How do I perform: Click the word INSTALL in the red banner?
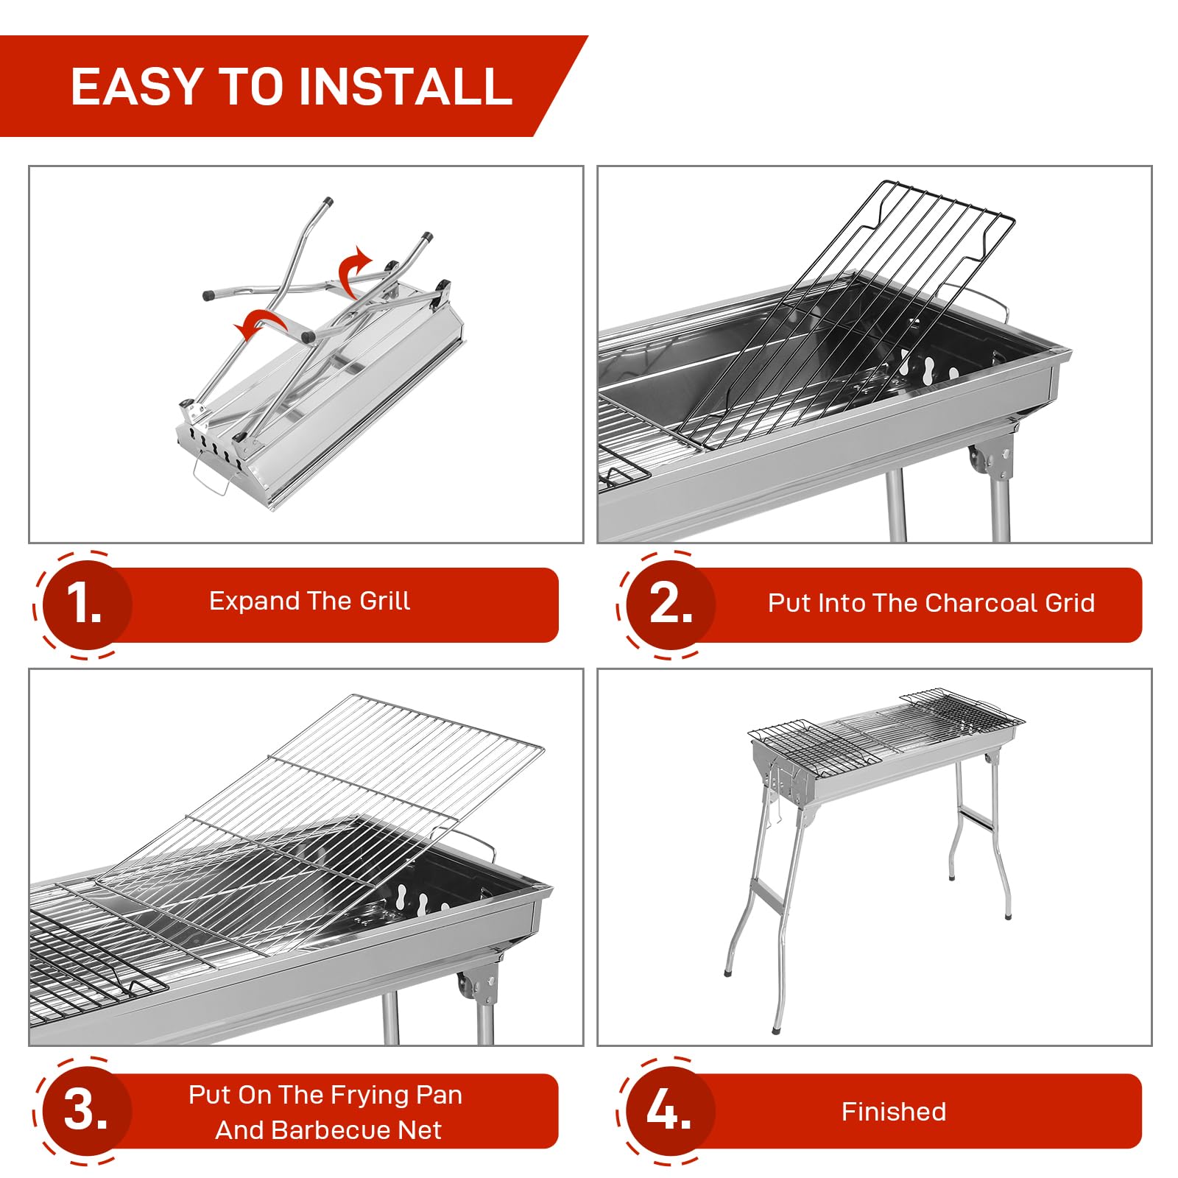pyautogui.click(x=405, y=87)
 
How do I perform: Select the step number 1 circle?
pyautogui.click(x=85, y=604)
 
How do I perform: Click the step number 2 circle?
pyautogui.click(x=670, y=604)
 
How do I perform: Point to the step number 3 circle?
pyautogui.click(x=85, y=1110)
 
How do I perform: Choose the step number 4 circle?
pyautogui.click(x=670, y=1110)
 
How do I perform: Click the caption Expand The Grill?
pyautogui.click(x=309, y=602)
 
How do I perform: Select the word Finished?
pyautogui.click(x=893, y=1112)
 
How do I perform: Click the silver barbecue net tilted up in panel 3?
pyautogui.click(x=346, y=803)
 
